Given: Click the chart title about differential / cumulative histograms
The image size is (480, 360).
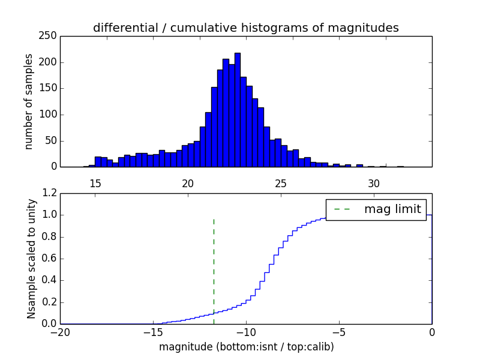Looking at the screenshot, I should (x=245, y=28).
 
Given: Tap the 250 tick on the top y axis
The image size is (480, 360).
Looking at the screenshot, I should (x=50, y=36).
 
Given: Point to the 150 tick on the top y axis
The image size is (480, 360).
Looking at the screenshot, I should (x=50, y=88).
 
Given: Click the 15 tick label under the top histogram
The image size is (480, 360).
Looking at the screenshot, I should (x=95, y=183).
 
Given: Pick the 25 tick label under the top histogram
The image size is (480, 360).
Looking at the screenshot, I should (x=281, y=183).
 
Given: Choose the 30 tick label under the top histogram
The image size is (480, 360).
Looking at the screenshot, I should (x=374, y=183).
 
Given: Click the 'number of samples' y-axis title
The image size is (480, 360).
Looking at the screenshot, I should (x=29, y=101).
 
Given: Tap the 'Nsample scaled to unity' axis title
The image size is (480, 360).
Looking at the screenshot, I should (x=32, y=258).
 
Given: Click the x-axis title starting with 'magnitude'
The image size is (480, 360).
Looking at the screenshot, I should (x=246, y=347).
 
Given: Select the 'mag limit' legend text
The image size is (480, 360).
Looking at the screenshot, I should (x=392, y=209).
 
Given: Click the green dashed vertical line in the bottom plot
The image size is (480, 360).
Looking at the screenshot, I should (x=214, y=270).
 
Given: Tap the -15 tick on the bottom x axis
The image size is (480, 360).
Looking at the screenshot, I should (x=153, y=332).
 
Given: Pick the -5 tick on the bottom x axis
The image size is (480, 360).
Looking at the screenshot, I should (x=339, y=332).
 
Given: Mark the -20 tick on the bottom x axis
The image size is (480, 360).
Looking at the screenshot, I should (x=60, y=332).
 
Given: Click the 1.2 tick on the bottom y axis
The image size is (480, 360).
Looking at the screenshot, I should (x=49, y=193).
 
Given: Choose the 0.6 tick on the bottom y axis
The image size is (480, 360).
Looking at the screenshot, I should (x=49, y=259).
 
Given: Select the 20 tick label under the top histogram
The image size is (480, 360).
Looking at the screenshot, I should (x=188, y=183).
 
